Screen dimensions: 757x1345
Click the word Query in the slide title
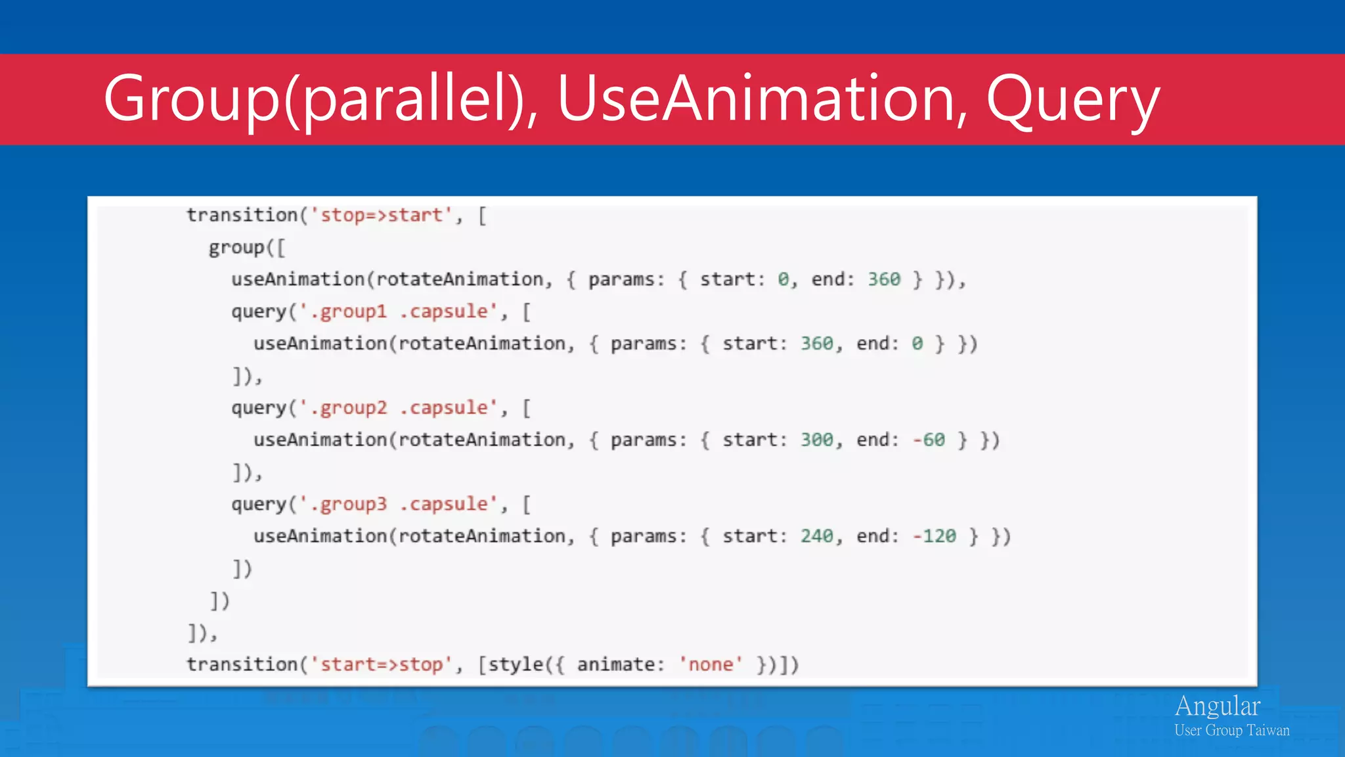[x=1072, y=100]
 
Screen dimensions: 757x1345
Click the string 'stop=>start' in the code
[x=382, y=216]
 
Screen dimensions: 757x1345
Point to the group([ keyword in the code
[x=247, y=248]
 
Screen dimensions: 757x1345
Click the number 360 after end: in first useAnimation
[x=884, y=279]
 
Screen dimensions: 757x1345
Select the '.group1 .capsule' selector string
[x=398, y=311]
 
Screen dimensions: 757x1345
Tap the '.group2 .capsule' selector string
[x=398, y=408]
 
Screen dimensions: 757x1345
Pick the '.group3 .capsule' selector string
[x=398, y=505]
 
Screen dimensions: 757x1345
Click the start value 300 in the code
[x=816, y=440]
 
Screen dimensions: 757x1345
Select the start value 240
[x=816, y=537]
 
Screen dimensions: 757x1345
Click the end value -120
[x=934, y=537]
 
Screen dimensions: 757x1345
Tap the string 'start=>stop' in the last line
[x=382, y=665]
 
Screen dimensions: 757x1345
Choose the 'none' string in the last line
[x=711, y=665]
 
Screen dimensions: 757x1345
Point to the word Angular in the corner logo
[x=1217, y=706]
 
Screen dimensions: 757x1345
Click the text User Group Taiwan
[x=1231, y=731]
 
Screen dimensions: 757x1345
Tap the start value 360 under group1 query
[x=816, y=344]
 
